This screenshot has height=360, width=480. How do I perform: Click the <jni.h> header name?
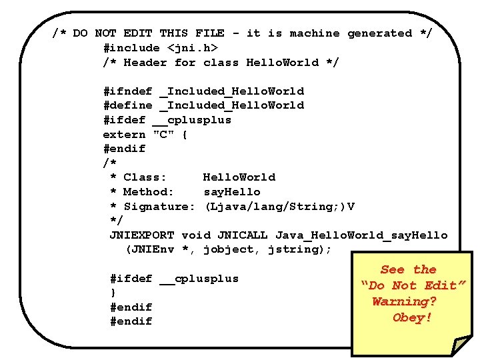click(x=192, y=48)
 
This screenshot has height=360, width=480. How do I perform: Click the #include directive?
click(x=131, y=48)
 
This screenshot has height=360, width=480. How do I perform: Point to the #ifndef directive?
click(x=128, y=91)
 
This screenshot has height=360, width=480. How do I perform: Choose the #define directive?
click(x=128, y=105)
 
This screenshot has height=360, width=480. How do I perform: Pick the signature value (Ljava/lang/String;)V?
click(x=279, y=207)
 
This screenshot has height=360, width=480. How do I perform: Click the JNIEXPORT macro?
click(x=142, y=235)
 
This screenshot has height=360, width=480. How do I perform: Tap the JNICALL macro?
click(x=235, y=235)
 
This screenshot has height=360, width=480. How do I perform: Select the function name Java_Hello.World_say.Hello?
click(x=361, y=235)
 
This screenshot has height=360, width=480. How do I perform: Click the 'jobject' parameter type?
click(x=229, y=250)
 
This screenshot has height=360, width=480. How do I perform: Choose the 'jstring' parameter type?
click(x=294, y=250)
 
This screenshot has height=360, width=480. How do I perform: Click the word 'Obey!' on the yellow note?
click(x=412, y=318)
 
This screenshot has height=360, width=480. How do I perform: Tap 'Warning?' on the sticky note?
click(x=404, y=301)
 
